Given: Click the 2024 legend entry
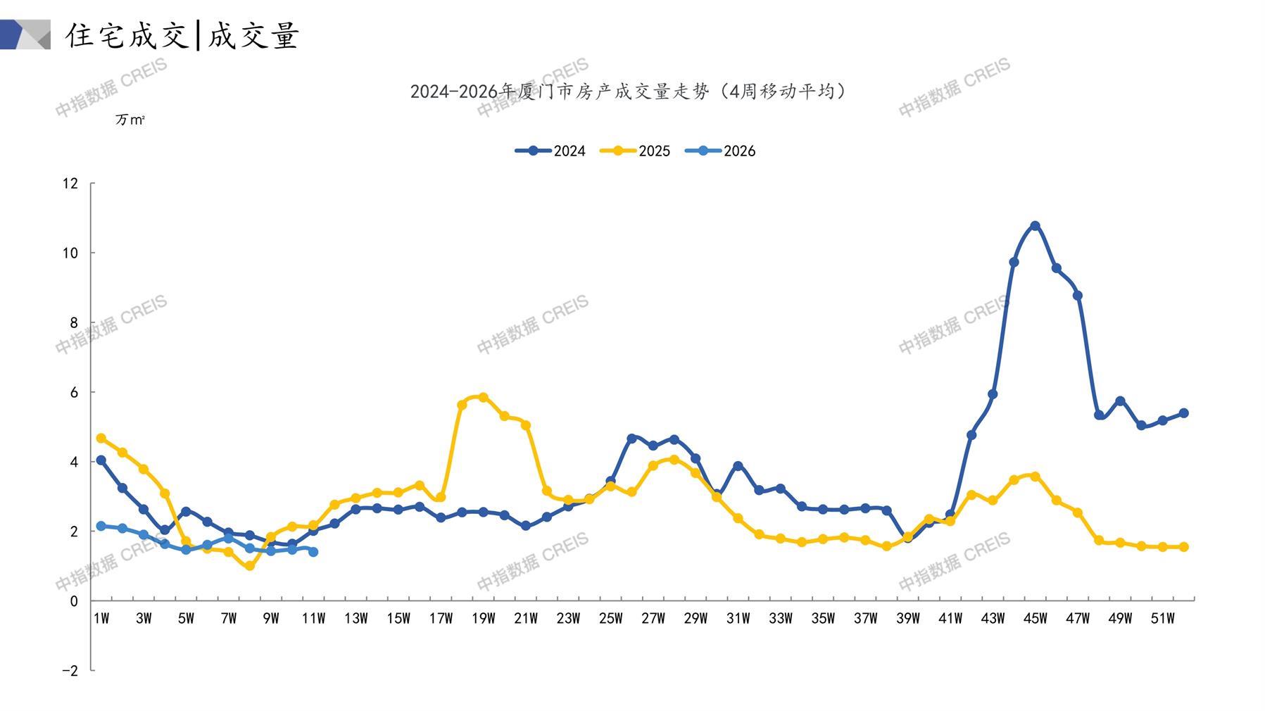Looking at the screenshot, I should point(551,151).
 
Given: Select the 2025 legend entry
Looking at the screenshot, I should point(636,151).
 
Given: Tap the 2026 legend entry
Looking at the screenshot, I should point(721,151).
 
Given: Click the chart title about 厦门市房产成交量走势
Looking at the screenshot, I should point(628,92).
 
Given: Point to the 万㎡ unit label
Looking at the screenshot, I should point(130,120).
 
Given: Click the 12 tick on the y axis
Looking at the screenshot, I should point(70,184).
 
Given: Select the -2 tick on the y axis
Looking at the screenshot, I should point(70,671).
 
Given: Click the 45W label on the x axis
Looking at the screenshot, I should point(1035,619).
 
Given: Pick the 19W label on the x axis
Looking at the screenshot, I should point(483,619).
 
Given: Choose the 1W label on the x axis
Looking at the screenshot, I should point(101,619).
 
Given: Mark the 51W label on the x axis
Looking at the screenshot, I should point(1162,619).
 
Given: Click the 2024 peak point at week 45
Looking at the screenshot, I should point(1035,226).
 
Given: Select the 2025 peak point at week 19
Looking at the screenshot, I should point(483,397).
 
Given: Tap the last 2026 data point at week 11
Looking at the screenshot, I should point(313,552).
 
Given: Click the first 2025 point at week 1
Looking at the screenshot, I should point(101,438).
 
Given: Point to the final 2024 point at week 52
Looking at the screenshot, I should point(1183,413).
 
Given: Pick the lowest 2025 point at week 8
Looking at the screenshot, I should point(250,565).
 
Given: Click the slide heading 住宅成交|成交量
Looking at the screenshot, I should point(183,35).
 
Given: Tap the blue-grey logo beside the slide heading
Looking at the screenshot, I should point(25,34).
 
